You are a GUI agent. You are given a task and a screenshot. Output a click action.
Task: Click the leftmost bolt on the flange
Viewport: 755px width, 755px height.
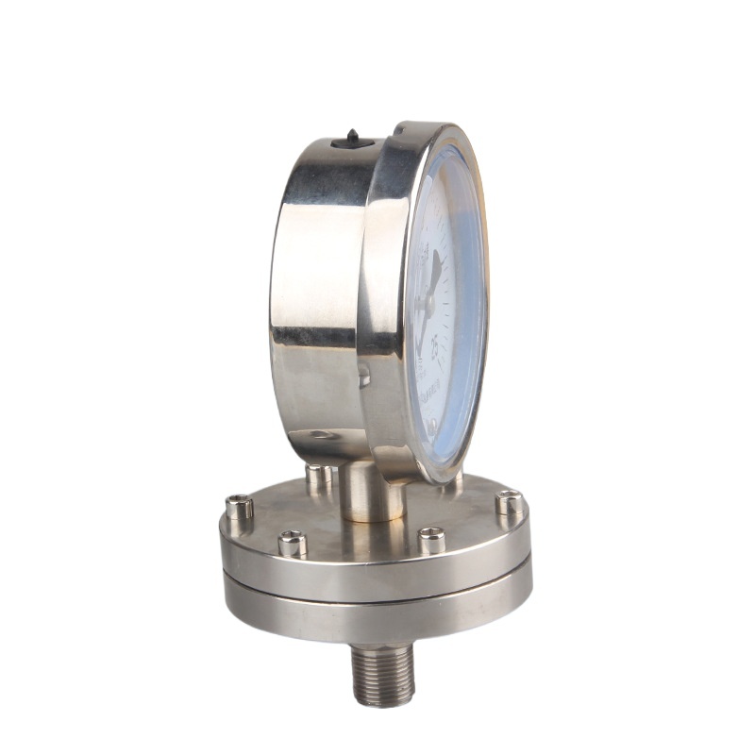[239, 508]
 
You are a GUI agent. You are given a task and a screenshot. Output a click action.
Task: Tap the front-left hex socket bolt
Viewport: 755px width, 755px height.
[293, 543]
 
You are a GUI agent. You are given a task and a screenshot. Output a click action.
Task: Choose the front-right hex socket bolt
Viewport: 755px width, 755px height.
[431, 539]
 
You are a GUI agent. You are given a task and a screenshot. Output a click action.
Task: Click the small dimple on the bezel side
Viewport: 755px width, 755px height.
[364, 378]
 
